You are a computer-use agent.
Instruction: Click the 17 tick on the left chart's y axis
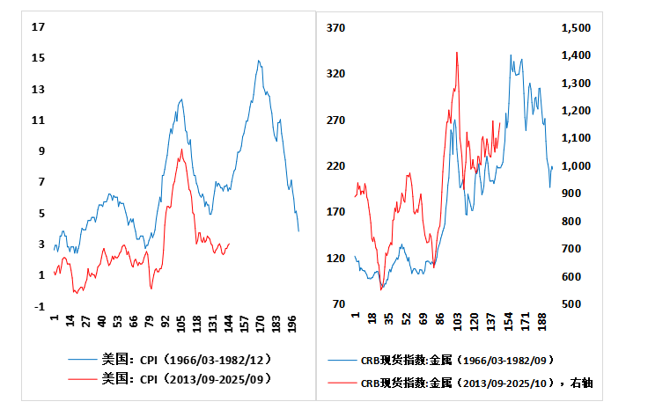point(38,27)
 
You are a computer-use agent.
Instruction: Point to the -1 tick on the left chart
point(38,305)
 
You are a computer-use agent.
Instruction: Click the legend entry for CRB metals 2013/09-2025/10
point(475,383)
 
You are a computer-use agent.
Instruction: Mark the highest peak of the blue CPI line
point(259,61)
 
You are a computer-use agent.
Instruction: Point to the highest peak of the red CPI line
point(181,150)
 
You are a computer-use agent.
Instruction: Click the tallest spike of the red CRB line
point(457,52)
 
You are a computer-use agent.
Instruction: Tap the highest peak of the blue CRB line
point(511,55)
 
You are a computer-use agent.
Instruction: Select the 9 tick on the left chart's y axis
point(38,151)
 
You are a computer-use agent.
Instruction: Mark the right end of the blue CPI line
point(298,231)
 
